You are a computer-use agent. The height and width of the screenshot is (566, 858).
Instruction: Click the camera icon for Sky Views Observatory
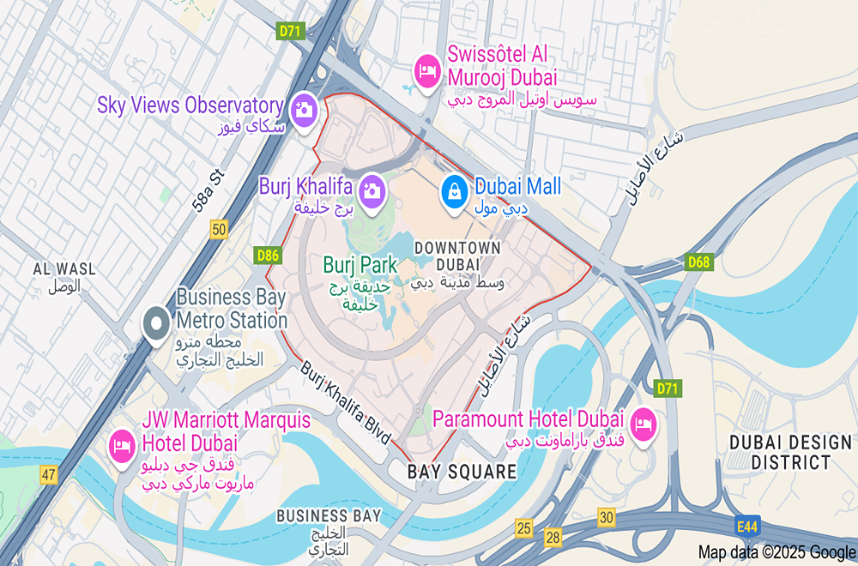tap(303, 110)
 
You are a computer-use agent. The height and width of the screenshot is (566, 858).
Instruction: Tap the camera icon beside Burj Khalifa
tap(372, 189)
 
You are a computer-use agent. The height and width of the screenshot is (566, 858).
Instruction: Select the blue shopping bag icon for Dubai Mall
tap(454, 190)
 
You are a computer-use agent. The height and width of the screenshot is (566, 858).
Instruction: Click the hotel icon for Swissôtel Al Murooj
tap(426, 69)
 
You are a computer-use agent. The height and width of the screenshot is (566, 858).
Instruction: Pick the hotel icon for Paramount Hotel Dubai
tap(643, 424)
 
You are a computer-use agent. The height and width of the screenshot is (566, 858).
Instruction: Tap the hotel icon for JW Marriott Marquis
tap(120, 446)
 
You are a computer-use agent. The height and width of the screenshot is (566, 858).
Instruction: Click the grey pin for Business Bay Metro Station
tap(156, 323)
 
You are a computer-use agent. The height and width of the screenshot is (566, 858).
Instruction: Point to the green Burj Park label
tap(360, 264)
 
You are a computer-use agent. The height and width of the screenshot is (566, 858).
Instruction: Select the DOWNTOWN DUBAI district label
tap(456, 256)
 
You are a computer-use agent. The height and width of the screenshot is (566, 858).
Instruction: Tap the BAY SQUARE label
tap(462, 472)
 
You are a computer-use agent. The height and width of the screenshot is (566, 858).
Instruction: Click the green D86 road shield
tap(268, 255)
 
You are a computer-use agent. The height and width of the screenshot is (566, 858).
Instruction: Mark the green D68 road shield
tap(698, 262)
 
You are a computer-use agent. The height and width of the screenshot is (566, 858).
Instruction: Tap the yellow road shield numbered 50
tap(220, 229)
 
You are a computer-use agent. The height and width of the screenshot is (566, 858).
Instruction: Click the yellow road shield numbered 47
tap(47, 474)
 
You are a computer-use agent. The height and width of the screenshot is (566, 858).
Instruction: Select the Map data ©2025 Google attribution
tap(776, 552)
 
